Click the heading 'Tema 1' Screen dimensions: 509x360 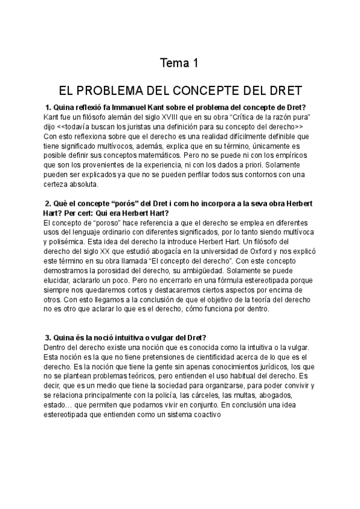(x=179, y=62)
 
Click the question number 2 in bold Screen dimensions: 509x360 (x=48, y=203)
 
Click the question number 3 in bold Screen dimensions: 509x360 (x=48, y=338)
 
